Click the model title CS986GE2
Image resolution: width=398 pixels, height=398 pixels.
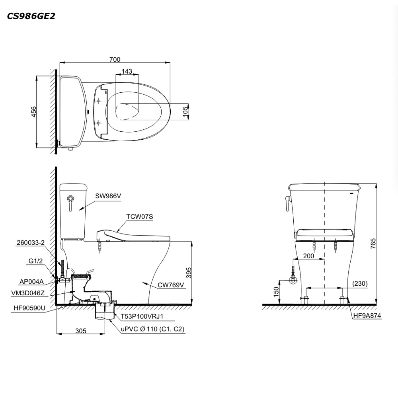31,16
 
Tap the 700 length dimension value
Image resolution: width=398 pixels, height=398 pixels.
115,59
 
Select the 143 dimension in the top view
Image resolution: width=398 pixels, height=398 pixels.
127,71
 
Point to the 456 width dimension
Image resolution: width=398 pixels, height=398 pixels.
33,112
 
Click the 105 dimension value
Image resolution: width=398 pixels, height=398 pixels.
185,111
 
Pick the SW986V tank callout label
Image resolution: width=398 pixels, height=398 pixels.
108,196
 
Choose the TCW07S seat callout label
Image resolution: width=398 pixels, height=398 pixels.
140,217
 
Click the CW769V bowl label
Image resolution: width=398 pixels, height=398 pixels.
171,285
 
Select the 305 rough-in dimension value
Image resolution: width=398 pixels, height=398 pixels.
81,331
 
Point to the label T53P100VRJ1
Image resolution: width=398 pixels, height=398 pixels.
142,316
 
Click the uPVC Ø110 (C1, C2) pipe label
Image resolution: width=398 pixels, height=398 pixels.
152,329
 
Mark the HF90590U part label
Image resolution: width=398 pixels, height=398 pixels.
29,308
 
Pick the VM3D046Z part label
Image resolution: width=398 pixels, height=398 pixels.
28,293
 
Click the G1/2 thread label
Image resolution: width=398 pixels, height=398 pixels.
35,261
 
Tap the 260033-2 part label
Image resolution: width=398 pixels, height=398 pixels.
31,243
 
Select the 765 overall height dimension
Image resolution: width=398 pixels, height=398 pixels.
373,244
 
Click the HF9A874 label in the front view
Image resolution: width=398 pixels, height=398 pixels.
367,316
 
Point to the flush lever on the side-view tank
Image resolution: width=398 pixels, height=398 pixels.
70,203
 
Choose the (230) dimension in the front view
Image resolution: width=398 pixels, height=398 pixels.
360,283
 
